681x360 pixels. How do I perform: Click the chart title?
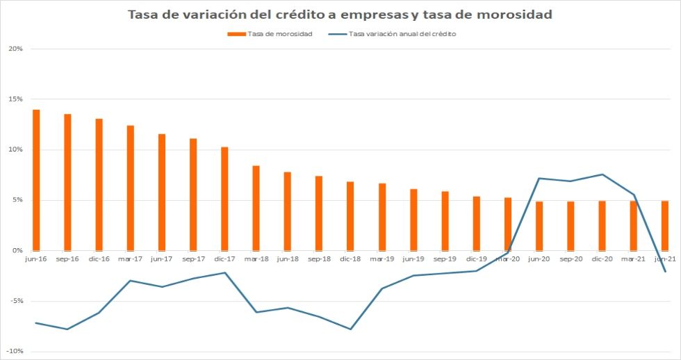click(340, 15)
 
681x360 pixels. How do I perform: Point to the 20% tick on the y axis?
click(16, 49)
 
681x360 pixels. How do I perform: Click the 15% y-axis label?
click(16, 99)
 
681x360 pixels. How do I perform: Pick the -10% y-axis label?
click(15, 352)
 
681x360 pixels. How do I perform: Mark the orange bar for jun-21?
click(665, 225)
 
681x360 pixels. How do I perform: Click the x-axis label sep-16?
click(67, 259)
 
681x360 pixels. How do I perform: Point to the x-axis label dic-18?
click(350, 259)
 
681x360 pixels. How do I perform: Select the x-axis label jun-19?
click(413, 259)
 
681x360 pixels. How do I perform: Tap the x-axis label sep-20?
click(571, 259)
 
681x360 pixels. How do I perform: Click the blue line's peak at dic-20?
click(602, 174)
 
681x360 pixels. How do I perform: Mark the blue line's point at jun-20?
click(539, 179)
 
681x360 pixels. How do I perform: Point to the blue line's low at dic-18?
click(350, 329)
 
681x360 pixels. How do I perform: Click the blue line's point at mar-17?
click(130, 281)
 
